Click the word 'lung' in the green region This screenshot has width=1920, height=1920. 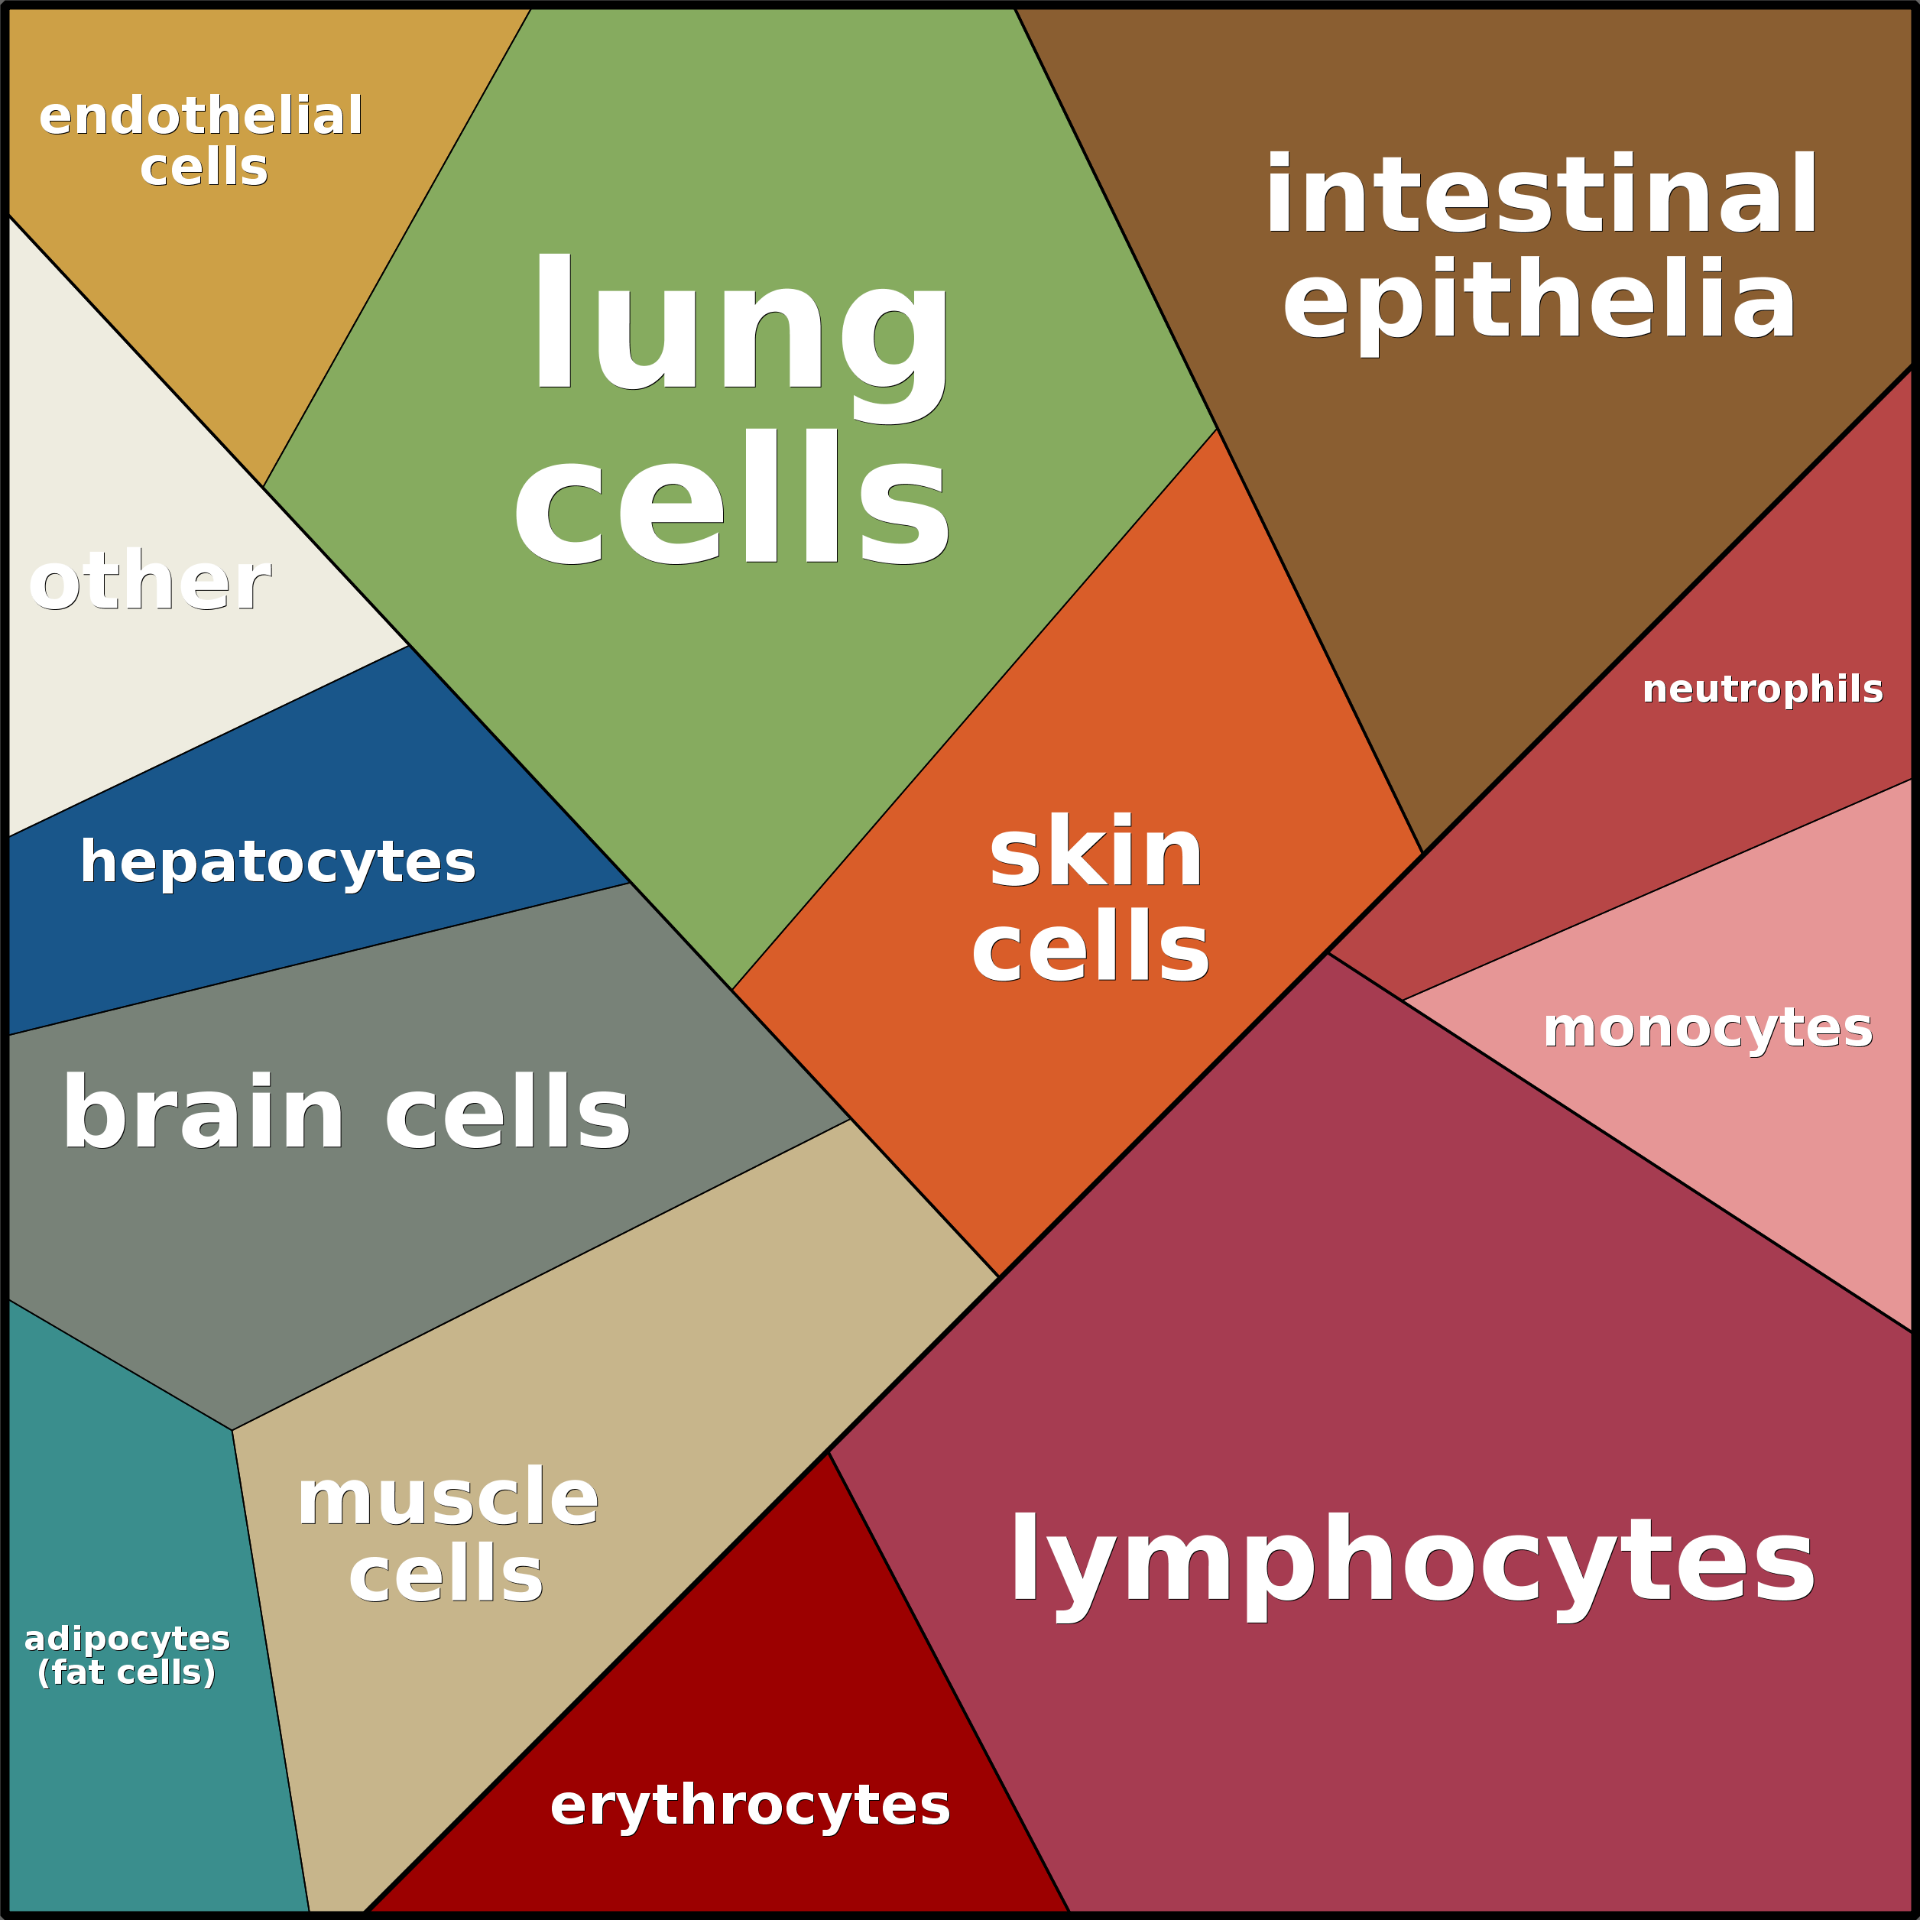click(741, 328)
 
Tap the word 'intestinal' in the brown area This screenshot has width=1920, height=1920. click(1540, 196)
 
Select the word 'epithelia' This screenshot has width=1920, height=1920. click(1539, 301)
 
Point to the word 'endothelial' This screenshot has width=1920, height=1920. click(201, 116)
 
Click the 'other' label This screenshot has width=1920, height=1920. click(149, 582)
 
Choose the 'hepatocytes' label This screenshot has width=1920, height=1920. click(277, 861)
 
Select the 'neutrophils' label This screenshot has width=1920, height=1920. click(1762, 689)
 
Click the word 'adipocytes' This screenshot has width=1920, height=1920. click(126, 1638)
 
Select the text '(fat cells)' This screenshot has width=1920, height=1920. click(126, 1672)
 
